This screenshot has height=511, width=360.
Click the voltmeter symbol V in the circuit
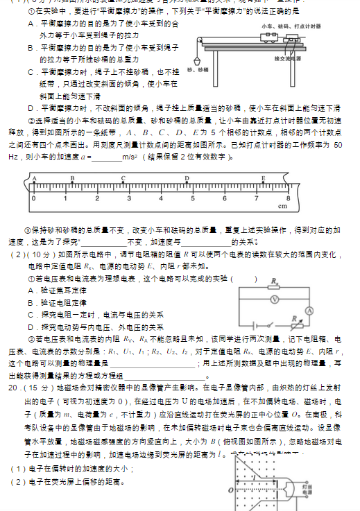pos(275,299)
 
